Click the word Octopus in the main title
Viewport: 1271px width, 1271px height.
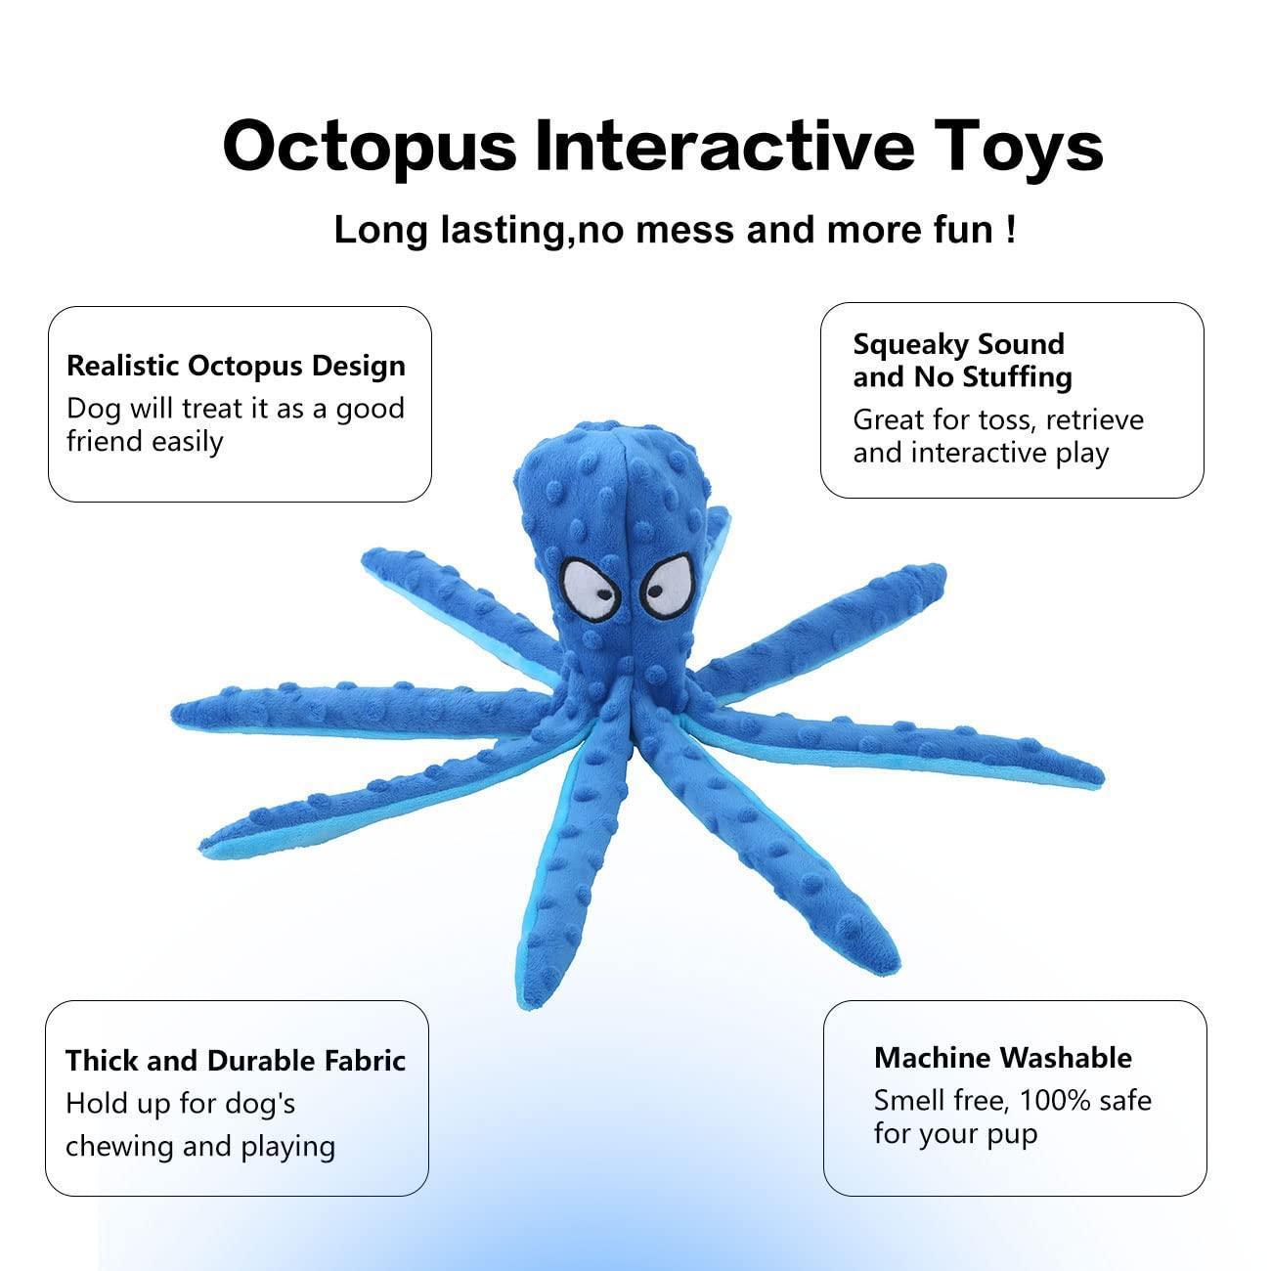tap(370, 147)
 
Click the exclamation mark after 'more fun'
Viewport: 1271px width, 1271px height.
tap(1009, 230)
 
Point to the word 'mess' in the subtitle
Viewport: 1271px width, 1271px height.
tap(685, 231)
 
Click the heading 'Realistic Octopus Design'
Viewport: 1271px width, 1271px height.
tap(236, 366)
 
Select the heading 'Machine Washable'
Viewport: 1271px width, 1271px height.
tap(1003, 1058)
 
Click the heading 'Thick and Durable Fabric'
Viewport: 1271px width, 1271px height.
tap(236, 1061)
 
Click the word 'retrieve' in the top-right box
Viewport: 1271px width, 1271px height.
tap(1095, 419)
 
